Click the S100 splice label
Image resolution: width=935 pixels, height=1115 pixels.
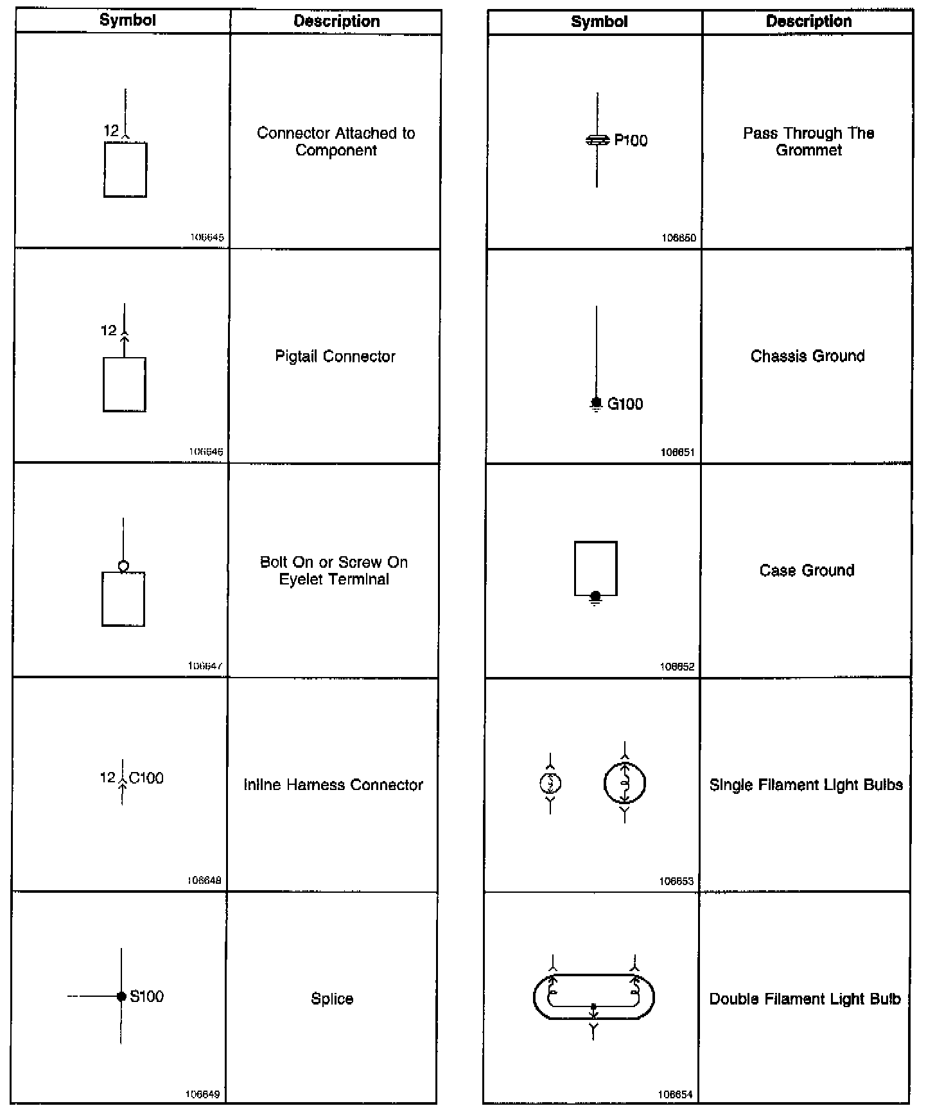(x=146, y=996)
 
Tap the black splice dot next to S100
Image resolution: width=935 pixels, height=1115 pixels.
(x=121, y=996)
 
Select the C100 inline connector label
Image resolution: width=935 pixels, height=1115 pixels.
(x=146, y=778)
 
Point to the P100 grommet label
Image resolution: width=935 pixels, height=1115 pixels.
(x=631, y=141)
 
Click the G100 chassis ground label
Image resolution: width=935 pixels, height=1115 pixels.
(x=625, y=404)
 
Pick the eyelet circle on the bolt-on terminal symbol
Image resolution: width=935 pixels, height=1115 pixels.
(x=123, y=566)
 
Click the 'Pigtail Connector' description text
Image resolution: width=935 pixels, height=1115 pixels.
(x=335, y=356)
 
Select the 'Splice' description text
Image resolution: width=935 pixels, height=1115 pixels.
(x=332, y=999)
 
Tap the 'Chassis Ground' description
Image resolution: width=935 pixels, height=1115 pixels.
(x=807, y=356)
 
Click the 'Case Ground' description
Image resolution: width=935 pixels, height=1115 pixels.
(x=807, y=570)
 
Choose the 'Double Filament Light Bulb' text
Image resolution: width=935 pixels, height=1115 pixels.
(x=805, y=999)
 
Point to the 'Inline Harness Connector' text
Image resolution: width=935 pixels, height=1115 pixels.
(x=333, y=785)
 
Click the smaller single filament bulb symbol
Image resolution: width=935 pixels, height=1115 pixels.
(x=550, y=783)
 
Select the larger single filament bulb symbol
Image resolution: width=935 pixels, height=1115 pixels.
(x=624, y=783)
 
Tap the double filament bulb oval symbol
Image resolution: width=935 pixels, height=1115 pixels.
(x=593, y=996)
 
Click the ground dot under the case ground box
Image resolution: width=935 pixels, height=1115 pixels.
(x=595, y=597)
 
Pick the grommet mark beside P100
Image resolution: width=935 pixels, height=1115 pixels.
(x=597, y=140)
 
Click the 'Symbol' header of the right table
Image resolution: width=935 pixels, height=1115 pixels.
(x=599, y=21)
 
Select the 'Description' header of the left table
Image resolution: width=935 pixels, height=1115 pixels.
(x=336, y=21)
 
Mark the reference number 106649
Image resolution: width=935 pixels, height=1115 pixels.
(x=202, y=1094)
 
